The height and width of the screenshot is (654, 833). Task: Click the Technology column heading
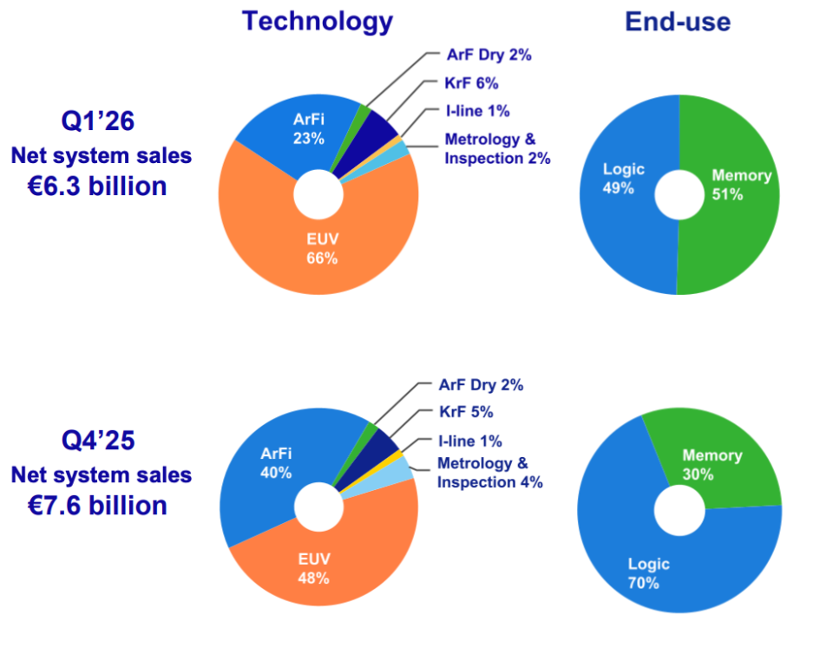(317, 21)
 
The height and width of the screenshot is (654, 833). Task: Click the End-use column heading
(678, 22)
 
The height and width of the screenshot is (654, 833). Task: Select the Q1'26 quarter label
(97, 121)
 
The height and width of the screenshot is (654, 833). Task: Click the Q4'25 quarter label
(97, 441)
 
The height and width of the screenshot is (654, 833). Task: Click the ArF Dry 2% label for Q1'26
(489, 55)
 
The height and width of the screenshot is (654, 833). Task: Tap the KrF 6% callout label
(471, 83)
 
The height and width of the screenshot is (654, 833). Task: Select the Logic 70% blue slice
(646, 572)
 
